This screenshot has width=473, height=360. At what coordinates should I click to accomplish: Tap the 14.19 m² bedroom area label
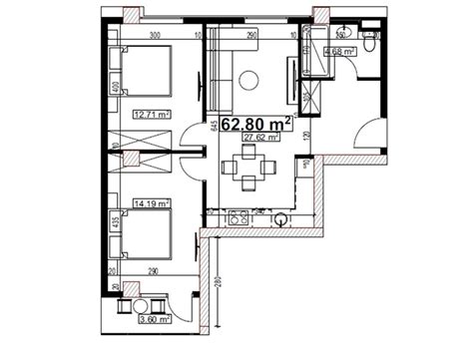149,202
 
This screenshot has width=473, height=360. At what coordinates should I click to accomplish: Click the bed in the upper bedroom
145,73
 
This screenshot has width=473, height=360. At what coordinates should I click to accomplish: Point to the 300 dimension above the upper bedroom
156,36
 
